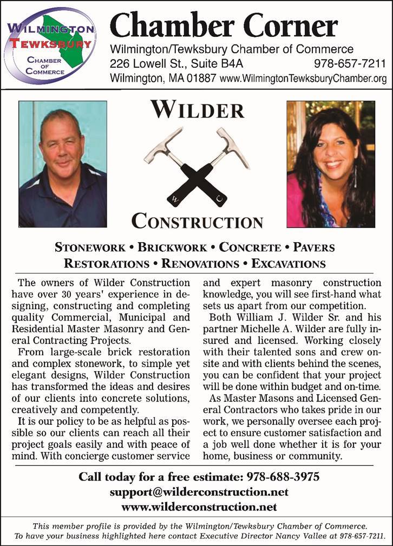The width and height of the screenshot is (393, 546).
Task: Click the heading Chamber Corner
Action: (x=224, y=24)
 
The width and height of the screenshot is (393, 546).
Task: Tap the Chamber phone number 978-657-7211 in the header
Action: (x=350, y=64)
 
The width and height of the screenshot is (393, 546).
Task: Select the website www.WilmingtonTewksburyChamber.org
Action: (x=304, y=79)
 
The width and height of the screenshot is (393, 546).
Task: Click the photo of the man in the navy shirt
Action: (x=62, y=164)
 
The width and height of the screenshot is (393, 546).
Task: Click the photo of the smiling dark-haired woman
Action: (x=330, y=164)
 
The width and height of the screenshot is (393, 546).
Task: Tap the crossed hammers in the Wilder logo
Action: (x=197, y=166)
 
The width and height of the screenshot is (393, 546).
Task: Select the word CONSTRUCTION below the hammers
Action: (x=197, y=220)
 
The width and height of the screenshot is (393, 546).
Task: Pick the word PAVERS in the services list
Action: (x=313, y=248)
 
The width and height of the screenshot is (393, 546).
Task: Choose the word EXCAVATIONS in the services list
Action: (x=289, y=264)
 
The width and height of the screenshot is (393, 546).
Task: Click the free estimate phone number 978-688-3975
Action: (x=283, y=477)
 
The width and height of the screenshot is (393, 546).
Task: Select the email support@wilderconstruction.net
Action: (x=199, y=492)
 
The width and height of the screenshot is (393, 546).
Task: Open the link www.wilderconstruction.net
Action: (x=199, y=507)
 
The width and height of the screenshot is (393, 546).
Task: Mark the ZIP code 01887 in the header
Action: (x=201, y=79)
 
